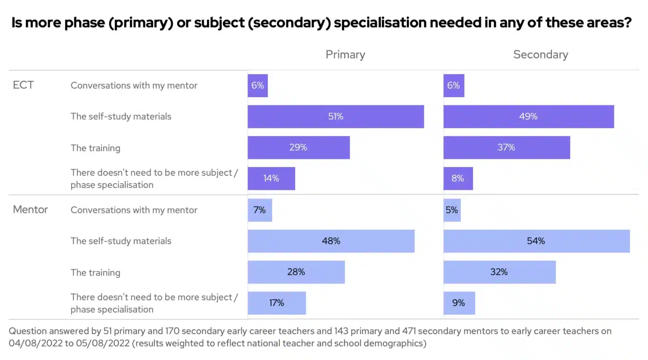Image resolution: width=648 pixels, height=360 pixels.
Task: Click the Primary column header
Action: (345, 55)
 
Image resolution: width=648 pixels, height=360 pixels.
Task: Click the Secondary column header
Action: (540, 55)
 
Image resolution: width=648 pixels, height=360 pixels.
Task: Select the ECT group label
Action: (23, 85)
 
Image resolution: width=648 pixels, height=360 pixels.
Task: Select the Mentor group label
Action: (30, 210)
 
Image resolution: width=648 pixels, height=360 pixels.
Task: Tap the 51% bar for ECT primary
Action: (336, 117)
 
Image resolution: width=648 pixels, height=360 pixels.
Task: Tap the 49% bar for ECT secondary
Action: (529, 117)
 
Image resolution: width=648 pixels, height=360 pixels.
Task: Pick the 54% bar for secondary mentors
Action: (536, 241)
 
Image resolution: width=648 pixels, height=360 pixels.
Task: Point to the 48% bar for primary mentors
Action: (331, 241)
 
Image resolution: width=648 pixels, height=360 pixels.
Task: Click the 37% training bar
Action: (507, 148)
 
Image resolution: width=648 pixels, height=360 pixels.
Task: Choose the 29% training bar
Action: (298, 148)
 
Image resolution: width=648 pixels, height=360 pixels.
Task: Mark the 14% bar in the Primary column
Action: (271, 179)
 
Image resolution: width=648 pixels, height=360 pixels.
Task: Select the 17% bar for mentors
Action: (277, 303)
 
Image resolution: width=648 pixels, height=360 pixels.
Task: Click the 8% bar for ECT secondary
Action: (458, 179)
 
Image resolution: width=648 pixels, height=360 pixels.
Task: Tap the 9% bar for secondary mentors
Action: (459, 303)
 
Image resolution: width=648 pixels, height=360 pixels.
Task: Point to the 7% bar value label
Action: (260, 210)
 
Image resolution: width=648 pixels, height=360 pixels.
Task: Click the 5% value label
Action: (452, 210)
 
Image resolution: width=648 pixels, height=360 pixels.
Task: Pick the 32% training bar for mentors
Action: (499, 272)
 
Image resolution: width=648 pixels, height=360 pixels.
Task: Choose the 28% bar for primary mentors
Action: (296, 272)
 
